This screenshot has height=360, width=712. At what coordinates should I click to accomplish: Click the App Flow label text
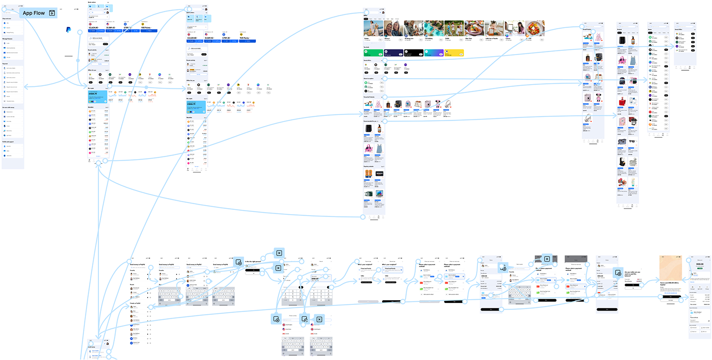pyautogui.click(x=34, y=13)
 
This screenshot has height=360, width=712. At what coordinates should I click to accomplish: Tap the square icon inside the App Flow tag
pyautogui.click(x=52, y=13)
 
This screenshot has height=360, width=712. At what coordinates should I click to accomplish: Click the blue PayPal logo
pyautogui.click(x=68, y=30)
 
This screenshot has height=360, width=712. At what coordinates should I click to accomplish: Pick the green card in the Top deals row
pyautogui.click(x=373, y=53)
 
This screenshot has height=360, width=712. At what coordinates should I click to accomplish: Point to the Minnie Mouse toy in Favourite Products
pyautogui.click(x=446, y=104)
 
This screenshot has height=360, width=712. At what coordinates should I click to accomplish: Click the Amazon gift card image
pyautogui.click(x=380, y=174)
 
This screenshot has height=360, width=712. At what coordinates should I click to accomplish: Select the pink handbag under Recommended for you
pyautogui.click(x=368, y=149)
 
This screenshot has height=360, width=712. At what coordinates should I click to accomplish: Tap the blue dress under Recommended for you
pyautogui.click(x=379, y=149)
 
